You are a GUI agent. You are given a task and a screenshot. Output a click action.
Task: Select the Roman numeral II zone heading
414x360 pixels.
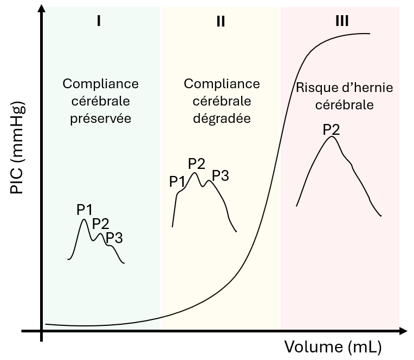point(220,21)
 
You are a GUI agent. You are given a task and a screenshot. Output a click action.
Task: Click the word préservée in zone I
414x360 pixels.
point(101,118)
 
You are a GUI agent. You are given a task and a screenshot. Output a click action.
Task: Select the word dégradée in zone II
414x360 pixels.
point(222,118)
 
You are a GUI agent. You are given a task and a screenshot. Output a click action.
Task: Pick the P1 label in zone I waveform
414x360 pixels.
point(85,210)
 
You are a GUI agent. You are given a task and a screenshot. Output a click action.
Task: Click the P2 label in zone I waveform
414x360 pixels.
point(101,223)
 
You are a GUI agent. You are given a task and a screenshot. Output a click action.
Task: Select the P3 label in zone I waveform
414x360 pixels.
point(114,237)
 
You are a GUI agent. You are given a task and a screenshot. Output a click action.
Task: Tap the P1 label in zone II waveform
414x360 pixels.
point(178,181)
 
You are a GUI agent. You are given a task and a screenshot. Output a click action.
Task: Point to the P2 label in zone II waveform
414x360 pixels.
point(196,163)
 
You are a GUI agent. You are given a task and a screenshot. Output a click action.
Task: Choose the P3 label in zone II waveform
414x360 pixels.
point(221,175)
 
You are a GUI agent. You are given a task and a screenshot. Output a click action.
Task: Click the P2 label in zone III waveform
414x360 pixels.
point(331,129)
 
